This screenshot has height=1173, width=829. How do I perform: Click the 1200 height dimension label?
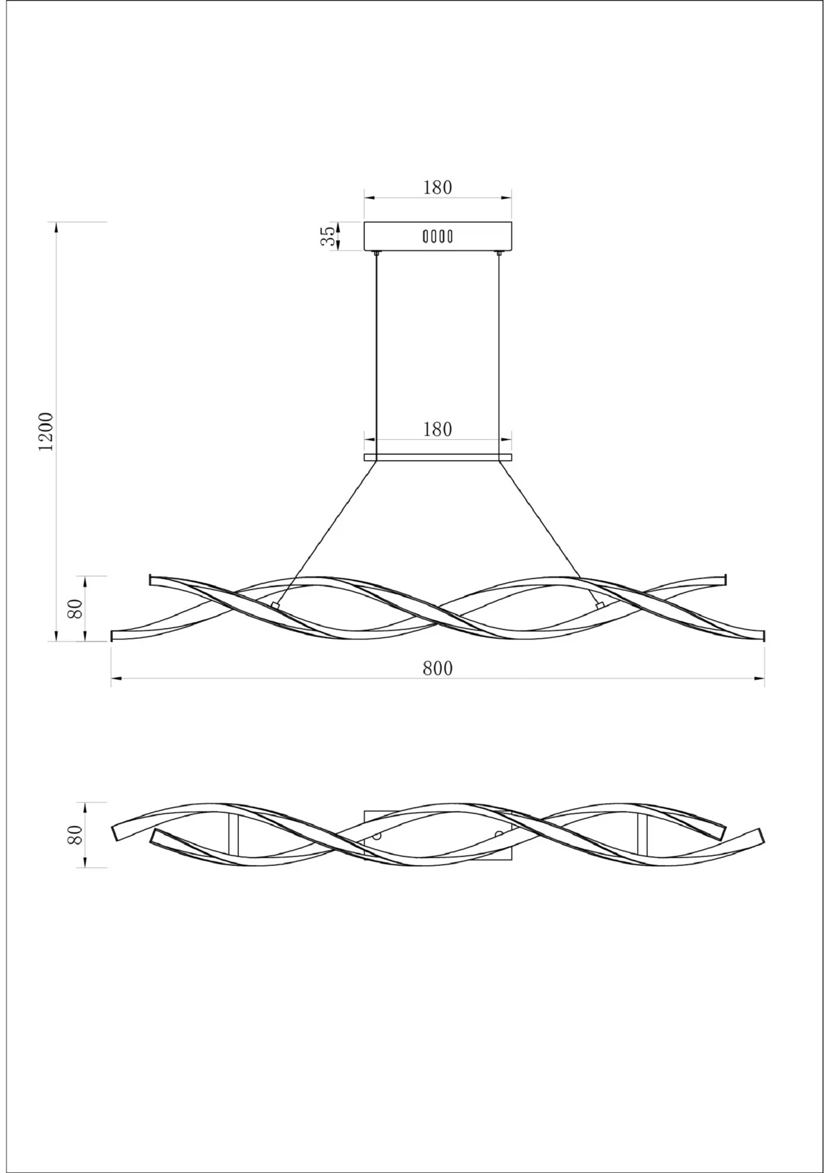pyautogui.click(x=46, y=431)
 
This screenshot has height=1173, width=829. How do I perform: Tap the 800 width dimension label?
pyautogui.click(x=438, y=669)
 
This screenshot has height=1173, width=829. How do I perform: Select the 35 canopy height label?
pyautogui.click(x=328, y=236)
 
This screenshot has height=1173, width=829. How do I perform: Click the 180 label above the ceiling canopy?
pyautogui.click(x=438, y=188)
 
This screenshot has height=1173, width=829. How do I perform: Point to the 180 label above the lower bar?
pyautogui.click(x=438, y=429)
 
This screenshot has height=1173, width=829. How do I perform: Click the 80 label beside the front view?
pyautogui.click(x=75, y=608)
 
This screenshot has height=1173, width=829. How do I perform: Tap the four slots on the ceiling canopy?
pyautogui.click(x=438, y=236)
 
